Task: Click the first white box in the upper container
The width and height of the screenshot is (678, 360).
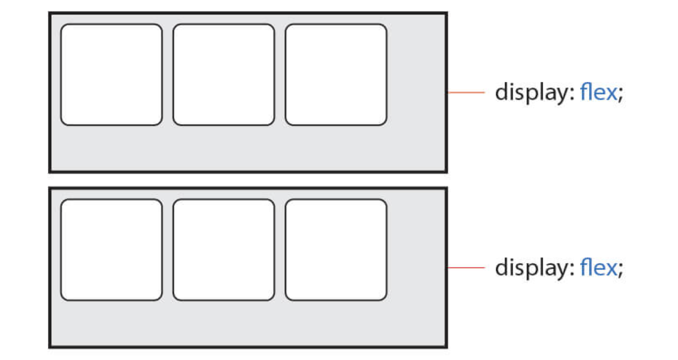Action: (x=112, y=75)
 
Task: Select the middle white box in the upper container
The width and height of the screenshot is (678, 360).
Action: (x=224, y=75)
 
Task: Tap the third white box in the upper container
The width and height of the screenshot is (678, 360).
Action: (x=336, y=75)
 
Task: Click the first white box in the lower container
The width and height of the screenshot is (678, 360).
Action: (x=112, y=250)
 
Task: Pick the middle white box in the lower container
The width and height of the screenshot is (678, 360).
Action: (x=224, y=250)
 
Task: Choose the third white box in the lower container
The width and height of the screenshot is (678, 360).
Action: (x=336, y=250)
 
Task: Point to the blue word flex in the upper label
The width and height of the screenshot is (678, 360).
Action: (x=598, y=93)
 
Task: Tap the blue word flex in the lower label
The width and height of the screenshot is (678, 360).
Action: (x=598, y=268)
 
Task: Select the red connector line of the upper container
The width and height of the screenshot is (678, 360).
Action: (x=466, y=93)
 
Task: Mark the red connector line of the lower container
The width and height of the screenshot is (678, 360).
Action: (x=466, y=268)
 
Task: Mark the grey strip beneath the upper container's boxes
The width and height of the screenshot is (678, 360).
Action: (x=248, y=147)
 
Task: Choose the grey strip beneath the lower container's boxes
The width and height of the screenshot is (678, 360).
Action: (x=248, y=323)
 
